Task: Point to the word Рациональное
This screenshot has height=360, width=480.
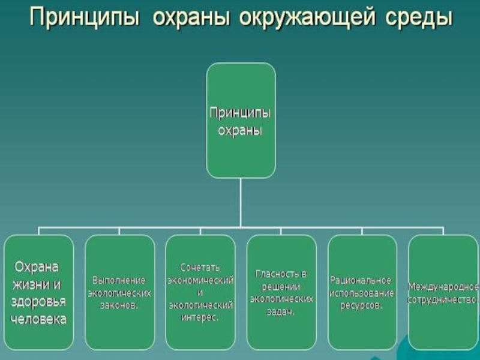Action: tap(361, 280)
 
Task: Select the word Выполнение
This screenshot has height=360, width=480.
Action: tap(119, 280)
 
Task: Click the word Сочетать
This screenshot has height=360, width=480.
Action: tap(200, 266)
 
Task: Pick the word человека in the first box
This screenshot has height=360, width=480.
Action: tap(40, 319)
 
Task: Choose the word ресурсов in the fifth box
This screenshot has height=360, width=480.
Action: tap(361, 305)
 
